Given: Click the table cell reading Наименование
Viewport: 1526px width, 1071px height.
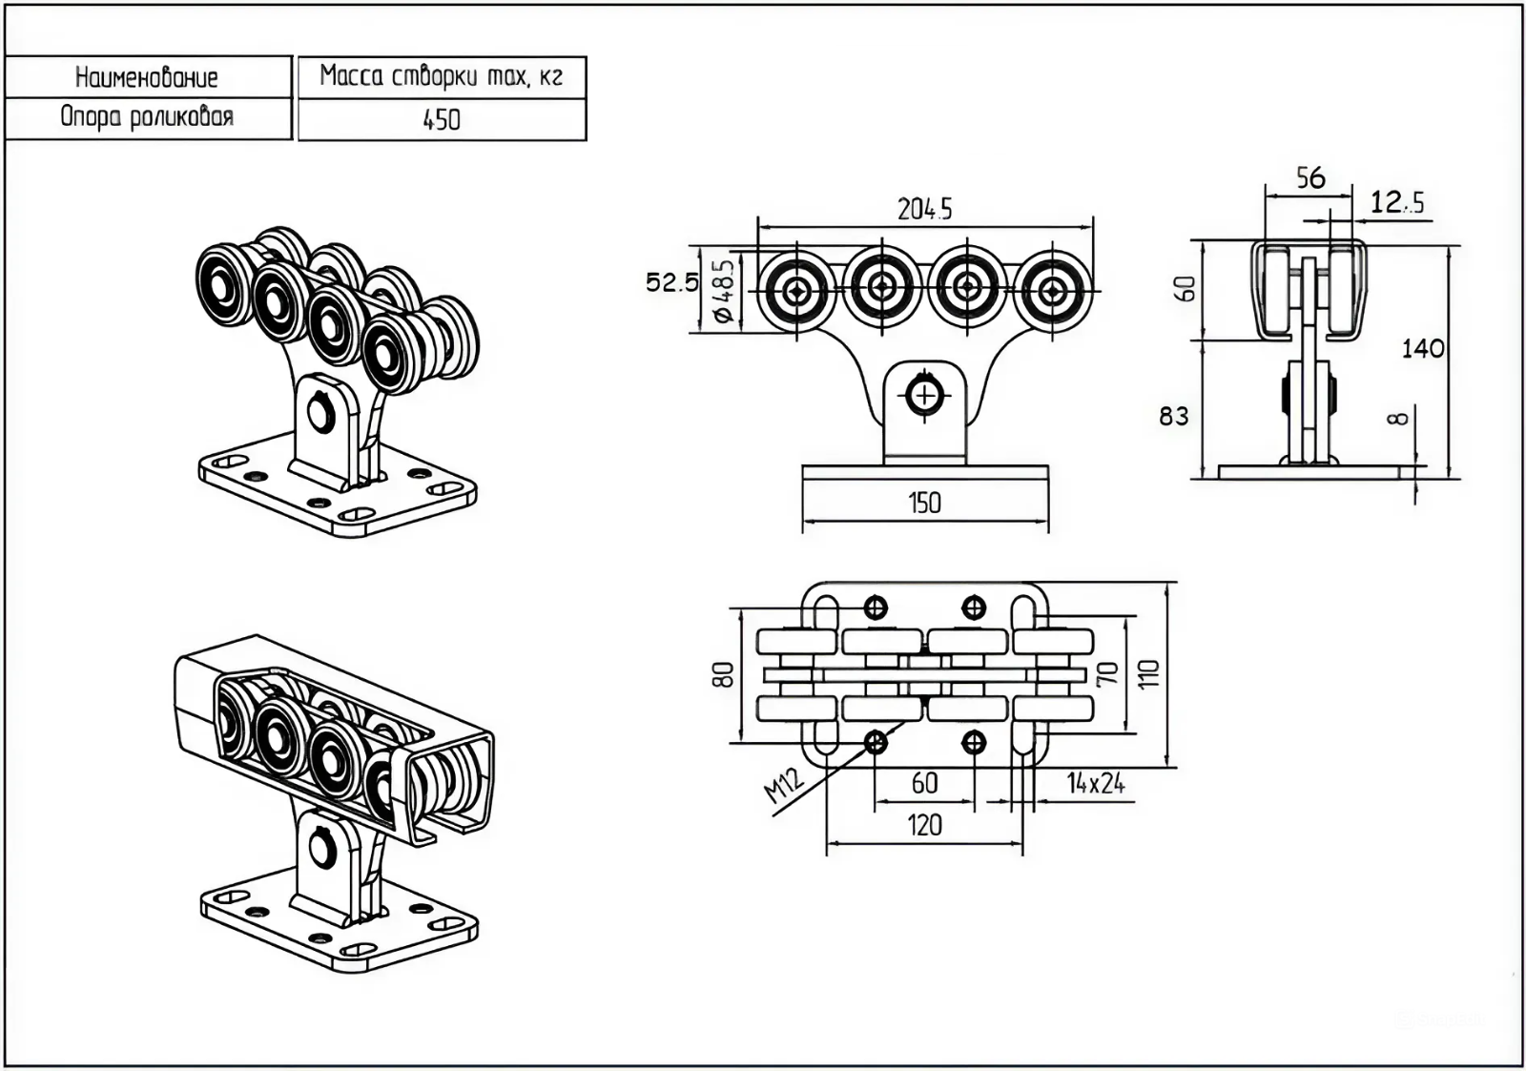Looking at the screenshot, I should (147, 77).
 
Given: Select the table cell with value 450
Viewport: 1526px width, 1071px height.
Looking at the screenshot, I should (442, 120).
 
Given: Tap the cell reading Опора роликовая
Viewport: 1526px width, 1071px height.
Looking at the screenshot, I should (147, 117).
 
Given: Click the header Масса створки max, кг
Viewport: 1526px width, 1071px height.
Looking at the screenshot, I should (442, 76).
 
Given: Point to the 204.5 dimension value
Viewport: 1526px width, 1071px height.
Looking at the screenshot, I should (924, 209).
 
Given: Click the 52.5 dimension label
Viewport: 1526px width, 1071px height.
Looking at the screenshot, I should (671, 282).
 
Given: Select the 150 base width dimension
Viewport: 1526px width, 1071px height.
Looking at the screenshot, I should (924, 503).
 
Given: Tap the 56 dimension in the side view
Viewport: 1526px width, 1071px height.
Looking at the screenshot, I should (1310, 177).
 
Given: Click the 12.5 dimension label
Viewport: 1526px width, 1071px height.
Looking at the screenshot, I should (1397, 202).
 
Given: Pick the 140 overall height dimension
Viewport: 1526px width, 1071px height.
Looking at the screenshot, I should (1422, 349).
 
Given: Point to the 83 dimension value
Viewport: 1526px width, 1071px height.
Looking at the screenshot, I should (1174, 416).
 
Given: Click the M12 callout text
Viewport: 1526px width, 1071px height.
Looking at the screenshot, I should (784, 787).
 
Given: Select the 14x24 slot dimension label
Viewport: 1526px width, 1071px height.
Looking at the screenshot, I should (1095, 784).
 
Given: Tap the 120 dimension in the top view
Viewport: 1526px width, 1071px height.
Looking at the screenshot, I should (924, 825).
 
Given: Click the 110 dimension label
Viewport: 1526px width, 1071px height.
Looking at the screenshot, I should (1148, 673).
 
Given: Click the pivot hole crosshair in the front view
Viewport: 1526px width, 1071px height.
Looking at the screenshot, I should (925, 393).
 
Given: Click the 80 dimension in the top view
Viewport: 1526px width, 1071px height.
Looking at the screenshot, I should (724, 674).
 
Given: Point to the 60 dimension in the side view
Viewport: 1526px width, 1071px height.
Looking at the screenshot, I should (1185, 289).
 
